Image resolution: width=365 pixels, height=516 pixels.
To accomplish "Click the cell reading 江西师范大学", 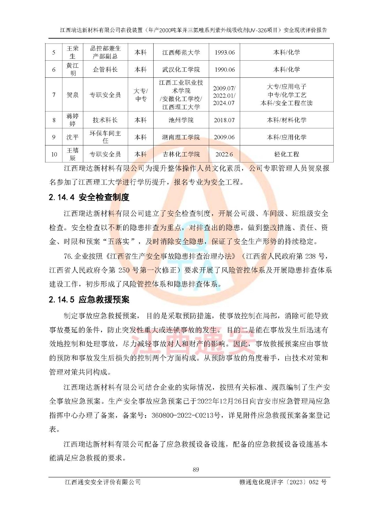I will tap(181, 52).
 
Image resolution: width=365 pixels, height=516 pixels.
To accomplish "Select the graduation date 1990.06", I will tap(225, 69).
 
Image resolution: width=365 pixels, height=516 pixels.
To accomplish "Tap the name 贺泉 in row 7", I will tap(73, 95).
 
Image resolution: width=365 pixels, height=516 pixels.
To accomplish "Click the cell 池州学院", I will tap(181, 120).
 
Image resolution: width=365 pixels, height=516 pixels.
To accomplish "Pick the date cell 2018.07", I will tap(224, 120).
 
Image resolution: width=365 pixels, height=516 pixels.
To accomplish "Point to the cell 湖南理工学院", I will tap(181, 137).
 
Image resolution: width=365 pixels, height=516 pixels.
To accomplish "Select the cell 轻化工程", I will tap(287, 154).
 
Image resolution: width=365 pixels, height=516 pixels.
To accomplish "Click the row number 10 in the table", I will tap(54, 154).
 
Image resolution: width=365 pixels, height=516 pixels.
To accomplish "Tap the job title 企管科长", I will tap(105, 69).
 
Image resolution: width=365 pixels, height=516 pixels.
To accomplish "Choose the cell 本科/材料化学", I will tap(287, 120).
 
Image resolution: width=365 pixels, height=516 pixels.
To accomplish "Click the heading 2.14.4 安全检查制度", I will tap(89, 197).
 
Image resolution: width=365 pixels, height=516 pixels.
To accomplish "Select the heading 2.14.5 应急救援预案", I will tap(89, 300).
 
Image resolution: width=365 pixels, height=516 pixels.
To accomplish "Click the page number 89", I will tap(196, 470).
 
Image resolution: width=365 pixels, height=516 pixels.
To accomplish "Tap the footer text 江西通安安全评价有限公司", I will tap(103, 482).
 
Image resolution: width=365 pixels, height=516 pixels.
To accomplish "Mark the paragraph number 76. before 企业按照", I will tap(68, 256).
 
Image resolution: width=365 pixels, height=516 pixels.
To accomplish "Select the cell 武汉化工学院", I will tap(181, 69).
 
